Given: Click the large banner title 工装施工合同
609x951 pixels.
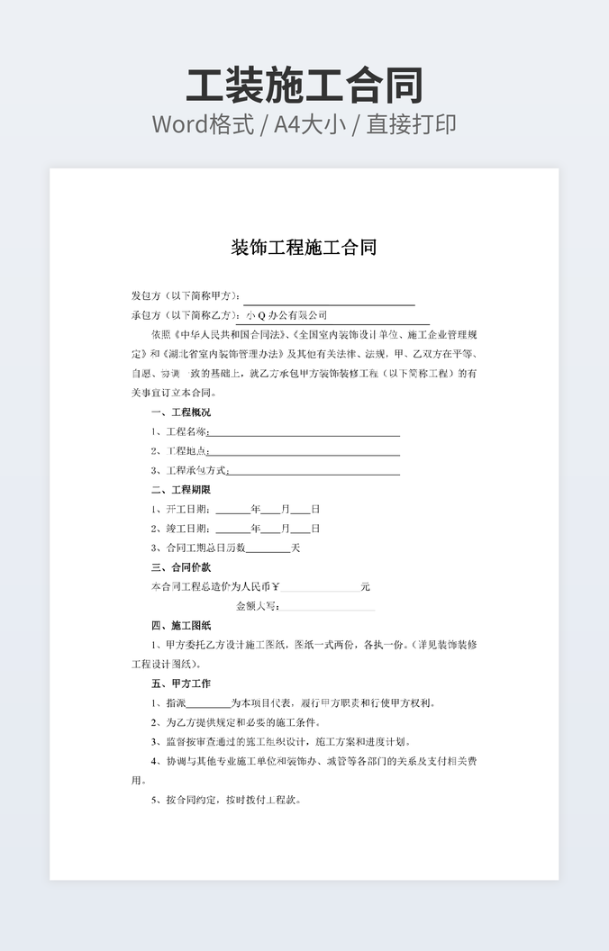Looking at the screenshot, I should click(304, 85).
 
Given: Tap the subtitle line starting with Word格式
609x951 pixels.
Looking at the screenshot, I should click(304, 124).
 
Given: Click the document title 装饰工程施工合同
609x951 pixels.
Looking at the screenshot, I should click(304, 248).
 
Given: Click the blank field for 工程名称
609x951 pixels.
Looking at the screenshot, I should click(304, 432).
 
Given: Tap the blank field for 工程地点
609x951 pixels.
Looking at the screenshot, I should click(304, 451).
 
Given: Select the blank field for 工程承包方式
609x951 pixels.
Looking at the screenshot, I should click(314, 471).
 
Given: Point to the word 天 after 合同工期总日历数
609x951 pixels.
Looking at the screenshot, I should click(295, 548).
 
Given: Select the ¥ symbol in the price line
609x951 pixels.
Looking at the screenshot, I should click(276, 587).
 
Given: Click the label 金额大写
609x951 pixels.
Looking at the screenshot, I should click(258, 606).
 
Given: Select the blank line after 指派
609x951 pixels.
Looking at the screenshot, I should click(208, 703).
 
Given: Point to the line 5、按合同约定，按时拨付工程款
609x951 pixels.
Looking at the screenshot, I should click(226, 800).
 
